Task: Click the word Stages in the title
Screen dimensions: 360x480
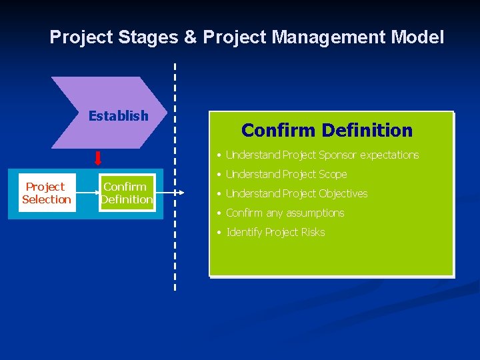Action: pos(148,37)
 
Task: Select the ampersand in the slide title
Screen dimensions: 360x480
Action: pos(191,37)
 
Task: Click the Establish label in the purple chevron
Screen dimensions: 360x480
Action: pos(118,116)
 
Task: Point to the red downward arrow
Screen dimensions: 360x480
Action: pos(98,158)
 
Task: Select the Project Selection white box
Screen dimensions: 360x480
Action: pos(47,193)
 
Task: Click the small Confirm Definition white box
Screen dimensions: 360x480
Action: pos(127,193)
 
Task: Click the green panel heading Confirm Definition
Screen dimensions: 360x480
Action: pos(327,130)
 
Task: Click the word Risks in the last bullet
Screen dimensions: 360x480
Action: pos(313,233)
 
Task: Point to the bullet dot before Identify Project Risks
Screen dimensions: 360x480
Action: pos(219,233)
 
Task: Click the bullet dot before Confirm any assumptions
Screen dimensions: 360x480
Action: pos(219,213)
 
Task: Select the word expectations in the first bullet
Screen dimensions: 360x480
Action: pos(389,155)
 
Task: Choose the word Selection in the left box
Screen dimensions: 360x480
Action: pos(47,199)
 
